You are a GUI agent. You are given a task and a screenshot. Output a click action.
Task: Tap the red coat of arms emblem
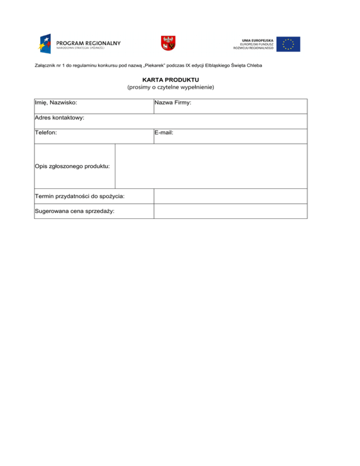(x=168, y=43)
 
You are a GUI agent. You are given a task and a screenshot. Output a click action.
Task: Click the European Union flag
(x=288, y=44)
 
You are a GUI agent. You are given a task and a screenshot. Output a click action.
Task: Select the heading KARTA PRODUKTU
(x=171, y=80)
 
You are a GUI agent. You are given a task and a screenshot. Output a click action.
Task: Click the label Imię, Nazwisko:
(x=56, y=102)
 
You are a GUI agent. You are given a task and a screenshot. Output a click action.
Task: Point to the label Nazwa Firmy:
(x=172, y=102)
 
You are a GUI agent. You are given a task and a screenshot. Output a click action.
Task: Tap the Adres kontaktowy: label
(x=60, y=118)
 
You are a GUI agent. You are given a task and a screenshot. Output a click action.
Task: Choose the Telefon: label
(x=46, y=133)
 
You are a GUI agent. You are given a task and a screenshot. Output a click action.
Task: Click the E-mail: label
(x=164, y=133)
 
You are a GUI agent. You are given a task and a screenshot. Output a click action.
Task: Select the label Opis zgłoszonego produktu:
(x=73, y=166)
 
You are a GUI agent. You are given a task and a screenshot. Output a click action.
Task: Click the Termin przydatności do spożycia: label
(x=79, y=195)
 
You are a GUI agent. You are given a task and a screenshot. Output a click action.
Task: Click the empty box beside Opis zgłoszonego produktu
(x=211, y=166)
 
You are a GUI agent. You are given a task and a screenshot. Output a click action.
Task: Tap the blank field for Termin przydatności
(x=230, y=196)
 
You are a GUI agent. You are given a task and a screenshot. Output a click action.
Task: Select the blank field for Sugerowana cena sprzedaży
(x=230, y=211)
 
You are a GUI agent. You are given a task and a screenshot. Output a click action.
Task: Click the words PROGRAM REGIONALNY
(x=89, y=43)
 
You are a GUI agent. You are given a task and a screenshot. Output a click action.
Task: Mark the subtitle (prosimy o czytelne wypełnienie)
(x=171, y=87)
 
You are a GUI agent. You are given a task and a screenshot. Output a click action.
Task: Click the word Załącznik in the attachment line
(x=45, y=65)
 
